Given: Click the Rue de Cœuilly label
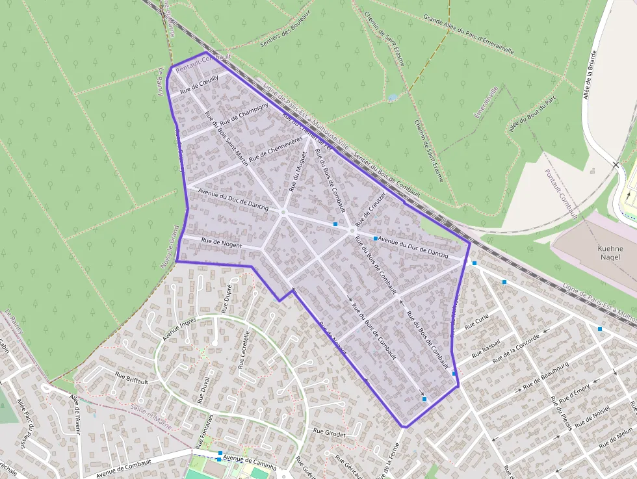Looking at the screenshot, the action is [x=200, y=84].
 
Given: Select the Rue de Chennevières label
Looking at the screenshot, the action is [x=276, y=148].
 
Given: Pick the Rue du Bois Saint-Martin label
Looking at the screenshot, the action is [x=226, y=138].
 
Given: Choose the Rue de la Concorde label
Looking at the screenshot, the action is [x=517, y=350].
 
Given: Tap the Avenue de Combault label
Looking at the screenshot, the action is [x=123, y=467].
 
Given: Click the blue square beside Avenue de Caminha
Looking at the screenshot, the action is [x=220, y=453].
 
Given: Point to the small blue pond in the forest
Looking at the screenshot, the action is [x=391, y=97].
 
